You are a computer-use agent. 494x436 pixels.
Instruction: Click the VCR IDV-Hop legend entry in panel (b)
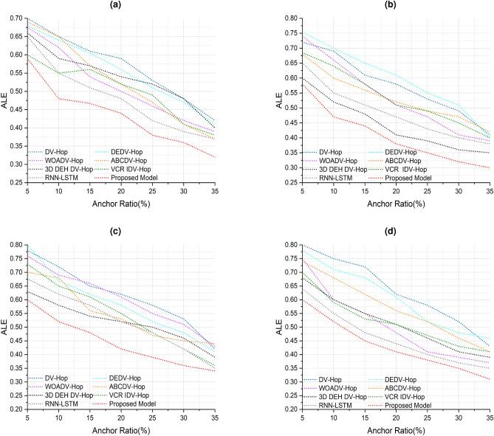[404, 169]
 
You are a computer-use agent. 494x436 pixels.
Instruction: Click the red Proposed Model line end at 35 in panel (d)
[488, 379]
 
